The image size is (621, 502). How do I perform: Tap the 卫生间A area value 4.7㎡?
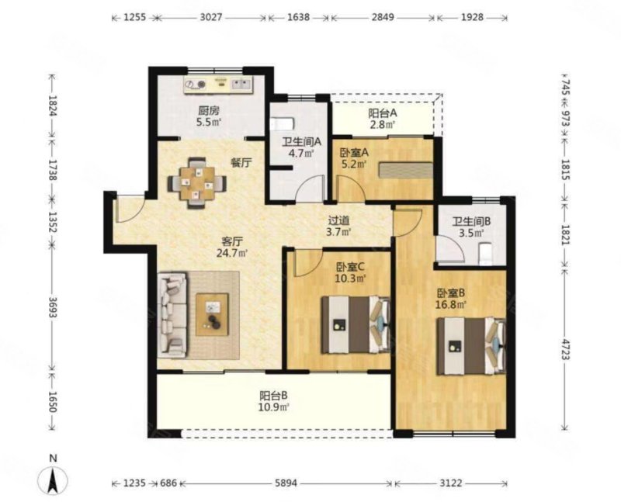[301, 153]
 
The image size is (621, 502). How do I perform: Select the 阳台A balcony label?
[383, 113]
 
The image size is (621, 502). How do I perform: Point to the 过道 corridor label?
[338, 220]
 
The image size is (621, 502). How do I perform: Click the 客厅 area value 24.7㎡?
[232, 253]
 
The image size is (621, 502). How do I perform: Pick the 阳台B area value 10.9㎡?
[274, 407]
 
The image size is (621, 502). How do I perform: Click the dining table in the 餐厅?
[196, 183]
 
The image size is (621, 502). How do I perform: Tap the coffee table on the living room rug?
[212, 315]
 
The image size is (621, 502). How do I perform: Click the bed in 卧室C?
[356, 324]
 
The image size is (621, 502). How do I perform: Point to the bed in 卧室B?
[471, 345]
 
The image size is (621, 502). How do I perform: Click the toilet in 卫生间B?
[486, 254]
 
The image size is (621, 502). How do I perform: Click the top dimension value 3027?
[211, 17]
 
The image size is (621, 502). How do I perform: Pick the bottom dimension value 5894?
[286, 483]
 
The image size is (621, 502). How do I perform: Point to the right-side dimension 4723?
[565, 349]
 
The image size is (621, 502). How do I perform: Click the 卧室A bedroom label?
[355, 152]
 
